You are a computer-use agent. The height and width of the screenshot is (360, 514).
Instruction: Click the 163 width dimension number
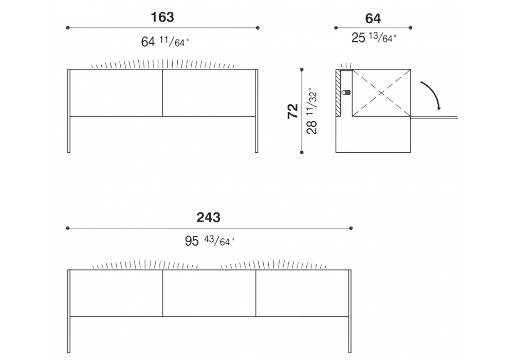click(162, 17)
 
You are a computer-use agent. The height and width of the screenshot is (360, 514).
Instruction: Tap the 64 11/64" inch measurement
click(165, 42)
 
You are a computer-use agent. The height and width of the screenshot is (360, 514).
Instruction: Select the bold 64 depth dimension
click(373, 19)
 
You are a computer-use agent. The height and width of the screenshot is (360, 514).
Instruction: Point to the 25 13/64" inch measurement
click(374, 38)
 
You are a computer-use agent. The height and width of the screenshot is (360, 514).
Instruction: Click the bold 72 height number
click(293, 111)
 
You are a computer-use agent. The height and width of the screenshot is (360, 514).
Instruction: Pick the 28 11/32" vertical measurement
click(312, 111)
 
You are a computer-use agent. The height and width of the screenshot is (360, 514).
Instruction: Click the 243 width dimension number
click(209, 218)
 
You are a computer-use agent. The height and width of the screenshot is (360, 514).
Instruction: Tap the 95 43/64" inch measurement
click(210, 241)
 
